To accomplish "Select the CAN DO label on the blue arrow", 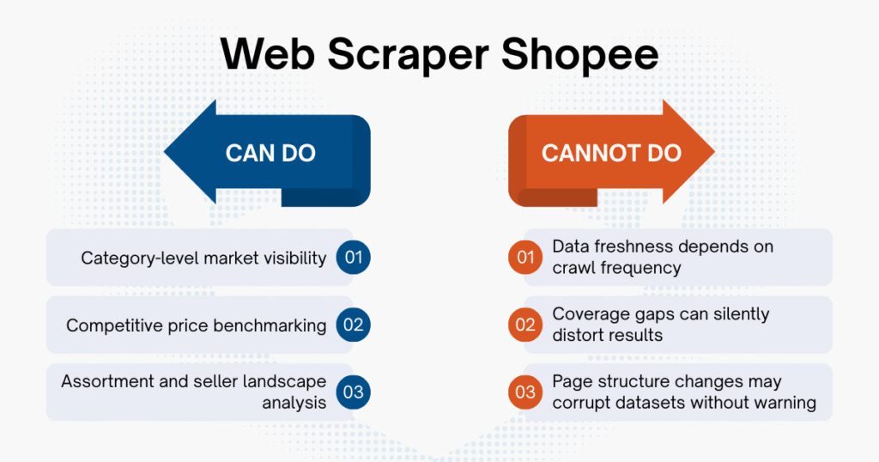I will (270, 154).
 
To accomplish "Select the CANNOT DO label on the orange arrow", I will (611, 154).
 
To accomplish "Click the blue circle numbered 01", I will (353, 257).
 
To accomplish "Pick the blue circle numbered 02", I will (353, 325).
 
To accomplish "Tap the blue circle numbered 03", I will (353, 392).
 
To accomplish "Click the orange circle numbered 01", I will (525, 257).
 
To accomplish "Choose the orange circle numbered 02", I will (525, 325).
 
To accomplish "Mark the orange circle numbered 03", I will (525, 392).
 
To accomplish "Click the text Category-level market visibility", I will (203, 258).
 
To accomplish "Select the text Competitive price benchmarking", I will (197, 325).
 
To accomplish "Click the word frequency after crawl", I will (638, 268).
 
